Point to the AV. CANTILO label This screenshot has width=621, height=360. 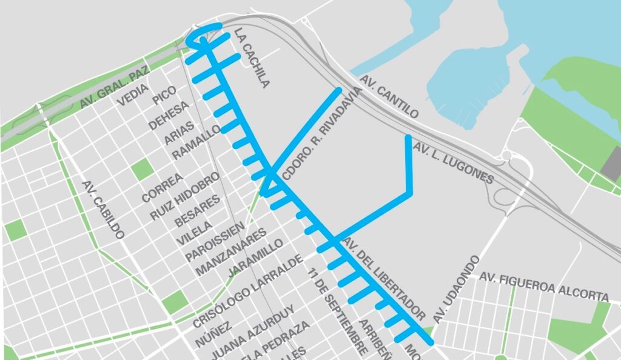point(389,97)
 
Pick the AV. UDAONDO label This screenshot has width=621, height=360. point(457,288)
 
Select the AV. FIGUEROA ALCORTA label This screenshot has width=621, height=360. point(543,286)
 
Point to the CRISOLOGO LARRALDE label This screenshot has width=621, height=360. point(247,292)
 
